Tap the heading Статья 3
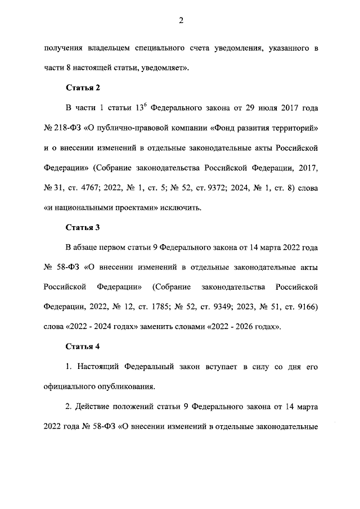pos(83,227)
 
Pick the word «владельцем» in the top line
pos(106,49)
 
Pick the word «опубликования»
pos(124,386)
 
